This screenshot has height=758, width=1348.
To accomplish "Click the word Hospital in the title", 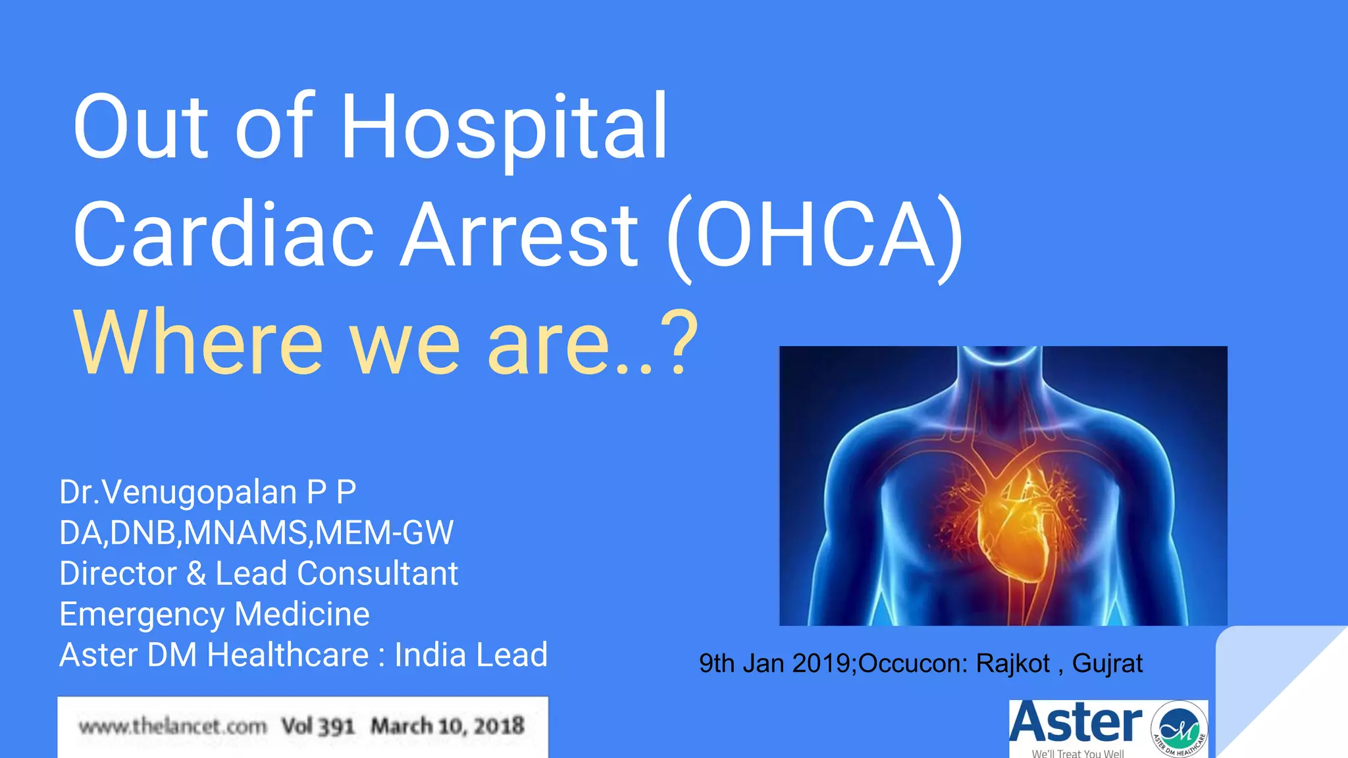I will point(504,128).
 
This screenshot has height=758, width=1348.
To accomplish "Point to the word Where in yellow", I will point(197,343).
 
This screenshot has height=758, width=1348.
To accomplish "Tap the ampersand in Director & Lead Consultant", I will point(196,574).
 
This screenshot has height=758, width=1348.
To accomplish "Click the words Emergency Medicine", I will point(214,615).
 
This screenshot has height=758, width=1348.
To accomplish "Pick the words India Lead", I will point(471,655).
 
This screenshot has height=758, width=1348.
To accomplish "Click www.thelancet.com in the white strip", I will point(172,726).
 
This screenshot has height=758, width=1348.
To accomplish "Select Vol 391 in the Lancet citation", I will point(318,726).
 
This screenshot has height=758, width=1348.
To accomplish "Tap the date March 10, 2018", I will point(448,726).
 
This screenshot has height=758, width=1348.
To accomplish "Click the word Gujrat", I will point(1107,663).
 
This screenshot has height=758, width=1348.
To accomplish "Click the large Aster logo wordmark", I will point(1076,724).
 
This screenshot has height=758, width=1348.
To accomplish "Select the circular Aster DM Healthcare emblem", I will point(1179,729).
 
